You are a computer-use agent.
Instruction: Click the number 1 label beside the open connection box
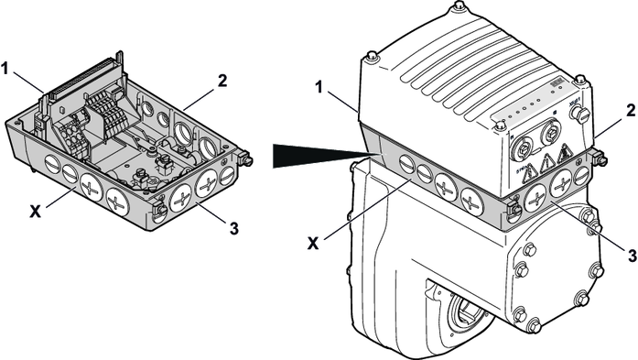coord(5,69)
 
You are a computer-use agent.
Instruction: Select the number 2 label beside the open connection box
coord(222,81)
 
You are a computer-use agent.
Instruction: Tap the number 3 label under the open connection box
coord(234,228)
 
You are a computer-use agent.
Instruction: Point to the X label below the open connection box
coord(36,211)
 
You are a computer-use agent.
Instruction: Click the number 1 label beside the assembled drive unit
coord(319,87)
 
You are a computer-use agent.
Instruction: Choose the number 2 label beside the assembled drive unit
coord(631,111)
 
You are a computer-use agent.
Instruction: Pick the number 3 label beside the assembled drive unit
coord(632,256)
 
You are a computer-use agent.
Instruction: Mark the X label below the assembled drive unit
coord(313,243)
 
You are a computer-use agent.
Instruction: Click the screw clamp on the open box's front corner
coord(158,208)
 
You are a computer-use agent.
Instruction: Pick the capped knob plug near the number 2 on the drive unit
coord(583,116)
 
